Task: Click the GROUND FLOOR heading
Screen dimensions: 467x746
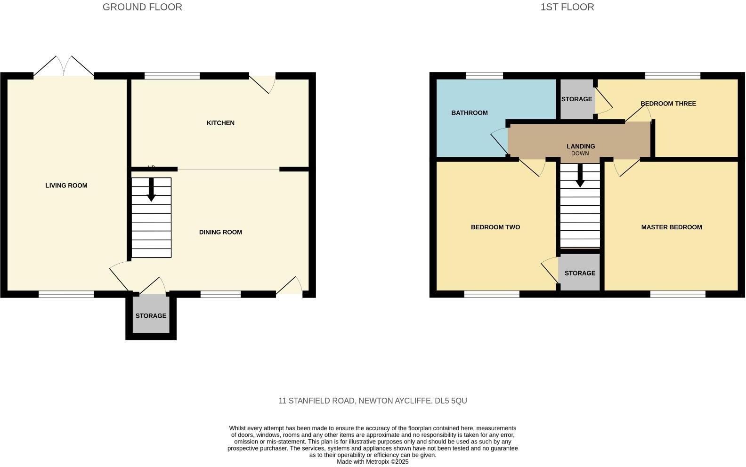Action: (x=142, y=7)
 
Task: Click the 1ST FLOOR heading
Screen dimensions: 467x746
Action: (x=567, y=7)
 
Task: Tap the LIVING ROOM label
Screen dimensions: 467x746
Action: (x=66, y=185)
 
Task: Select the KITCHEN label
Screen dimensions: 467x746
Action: (x=220, y=123)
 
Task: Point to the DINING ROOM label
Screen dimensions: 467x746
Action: (x=220, y=232)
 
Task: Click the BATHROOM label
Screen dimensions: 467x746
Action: (x=470, y=113)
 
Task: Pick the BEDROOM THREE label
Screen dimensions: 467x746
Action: (x=668, y=104)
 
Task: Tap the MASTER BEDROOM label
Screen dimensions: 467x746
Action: (x=672, y=227)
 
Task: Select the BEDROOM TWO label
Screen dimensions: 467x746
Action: (x=495, y=227)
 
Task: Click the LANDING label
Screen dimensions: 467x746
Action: (x=581, y=146)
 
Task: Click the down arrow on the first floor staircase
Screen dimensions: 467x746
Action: (x=580, y=176)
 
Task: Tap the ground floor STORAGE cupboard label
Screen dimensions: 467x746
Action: (x=151, y=316)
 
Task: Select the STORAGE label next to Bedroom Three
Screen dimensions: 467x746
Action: (x=576, y=99)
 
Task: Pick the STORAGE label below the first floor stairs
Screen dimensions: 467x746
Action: (x=580, y=273)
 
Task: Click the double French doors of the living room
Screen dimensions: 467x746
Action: (x=64, y=67)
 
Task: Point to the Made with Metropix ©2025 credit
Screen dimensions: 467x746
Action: (x=373, y=462)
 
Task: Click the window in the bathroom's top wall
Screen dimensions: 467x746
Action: (x=484, y=75)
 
